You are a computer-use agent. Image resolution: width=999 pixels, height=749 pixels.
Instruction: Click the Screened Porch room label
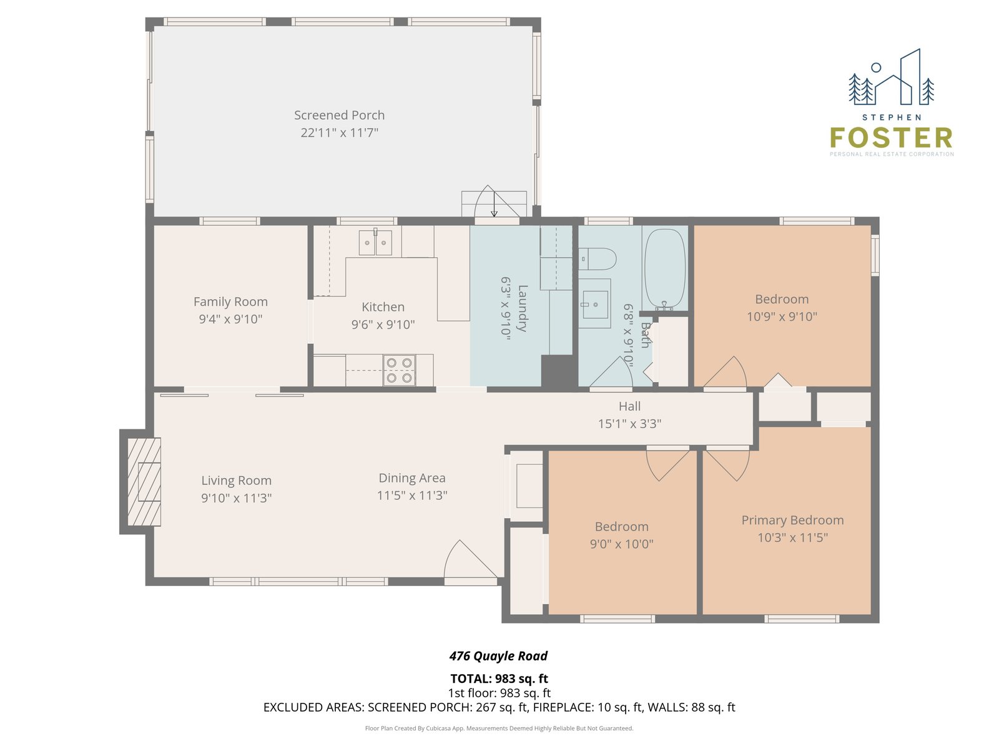(339, 115)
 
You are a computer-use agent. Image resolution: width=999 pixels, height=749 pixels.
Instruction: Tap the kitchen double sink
(375, 242)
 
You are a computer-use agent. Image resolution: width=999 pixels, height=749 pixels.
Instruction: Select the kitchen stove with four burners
(399, 370)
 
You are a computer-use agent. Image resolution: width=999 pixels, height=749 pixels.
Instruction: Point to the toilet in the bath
(597, 259)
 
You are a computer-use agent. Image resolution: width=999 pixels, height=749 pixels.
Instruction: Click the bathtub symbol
(665, 269)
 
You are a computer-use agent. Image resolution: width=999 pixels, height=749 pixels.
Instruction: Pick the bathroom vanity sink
(595, 304)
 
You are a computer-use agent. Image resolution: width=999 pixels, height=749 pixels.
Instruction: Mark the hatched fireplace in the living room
(144, 482)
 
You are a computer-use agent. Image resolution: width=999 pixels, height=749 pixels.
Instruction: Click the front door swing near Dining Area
(471, 562)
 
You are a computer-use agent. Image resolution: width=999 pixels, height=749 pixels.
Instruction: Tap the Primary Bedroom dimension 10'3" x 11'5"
(792, 537)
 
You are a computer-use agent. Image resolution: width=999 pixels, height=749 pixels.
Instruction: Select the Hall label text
(629, 406)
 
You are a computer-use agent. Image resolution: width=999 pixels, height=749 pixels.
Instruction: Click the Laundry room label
(523, 308)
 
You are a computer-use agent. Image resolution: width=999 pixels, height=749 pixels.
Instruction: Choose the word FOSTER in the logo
(891, 138)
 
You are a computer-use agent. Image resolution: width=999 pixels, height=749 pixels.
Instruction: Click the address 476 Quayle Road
(498, 656)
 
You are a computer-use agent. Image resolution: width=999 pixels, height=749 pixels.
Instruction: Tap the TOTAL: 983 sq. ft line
(499, 678)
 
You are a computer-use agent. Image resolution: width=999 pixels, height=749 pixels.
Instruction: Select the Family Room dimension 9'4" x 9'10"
(231, 319)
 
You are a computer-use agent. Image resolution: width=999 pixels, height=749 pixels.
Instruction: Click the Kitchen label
(383, 307)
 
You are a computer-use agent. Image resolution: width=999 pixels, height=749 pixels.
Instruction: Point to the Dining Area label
(412, 478)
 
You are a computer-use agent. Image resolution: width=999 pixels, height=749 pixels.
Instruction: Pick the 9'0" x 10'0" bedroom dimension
(622, 544)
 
